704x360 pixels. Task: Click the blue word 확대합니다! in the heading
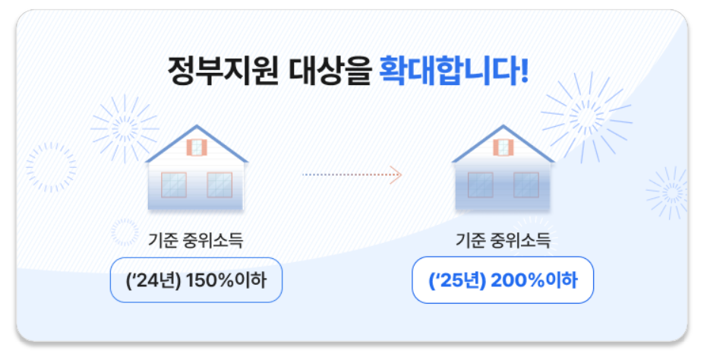tap(453, 71)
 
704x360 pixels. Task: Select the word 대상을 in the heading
tap(332, 71)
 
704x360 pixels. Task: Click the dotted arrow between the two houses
tap(352, 175)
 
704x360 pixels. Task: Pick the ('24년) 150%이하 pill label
tap(196, 280)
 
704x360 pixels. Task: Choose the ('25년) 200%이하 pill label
tap(503, 280)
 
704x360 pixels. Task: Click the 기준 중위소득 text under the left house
tap(196, 242)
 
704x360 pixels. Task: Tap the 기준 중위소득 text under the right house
tap(503, 242)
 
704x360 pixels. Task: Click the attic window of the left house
tap(197, 147)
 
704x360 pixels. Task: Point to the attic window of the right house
tap(504, 147)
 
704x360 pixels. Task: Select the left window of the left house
tap(173, 185)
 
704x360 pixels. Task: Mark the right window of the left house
tap(219, 185)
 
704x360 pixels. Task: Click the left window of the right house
tap(480, 185)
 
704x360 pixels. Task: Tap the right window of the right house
tap(526, 185)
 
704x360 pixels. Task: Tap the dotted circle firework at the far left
tap(51, 167)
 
